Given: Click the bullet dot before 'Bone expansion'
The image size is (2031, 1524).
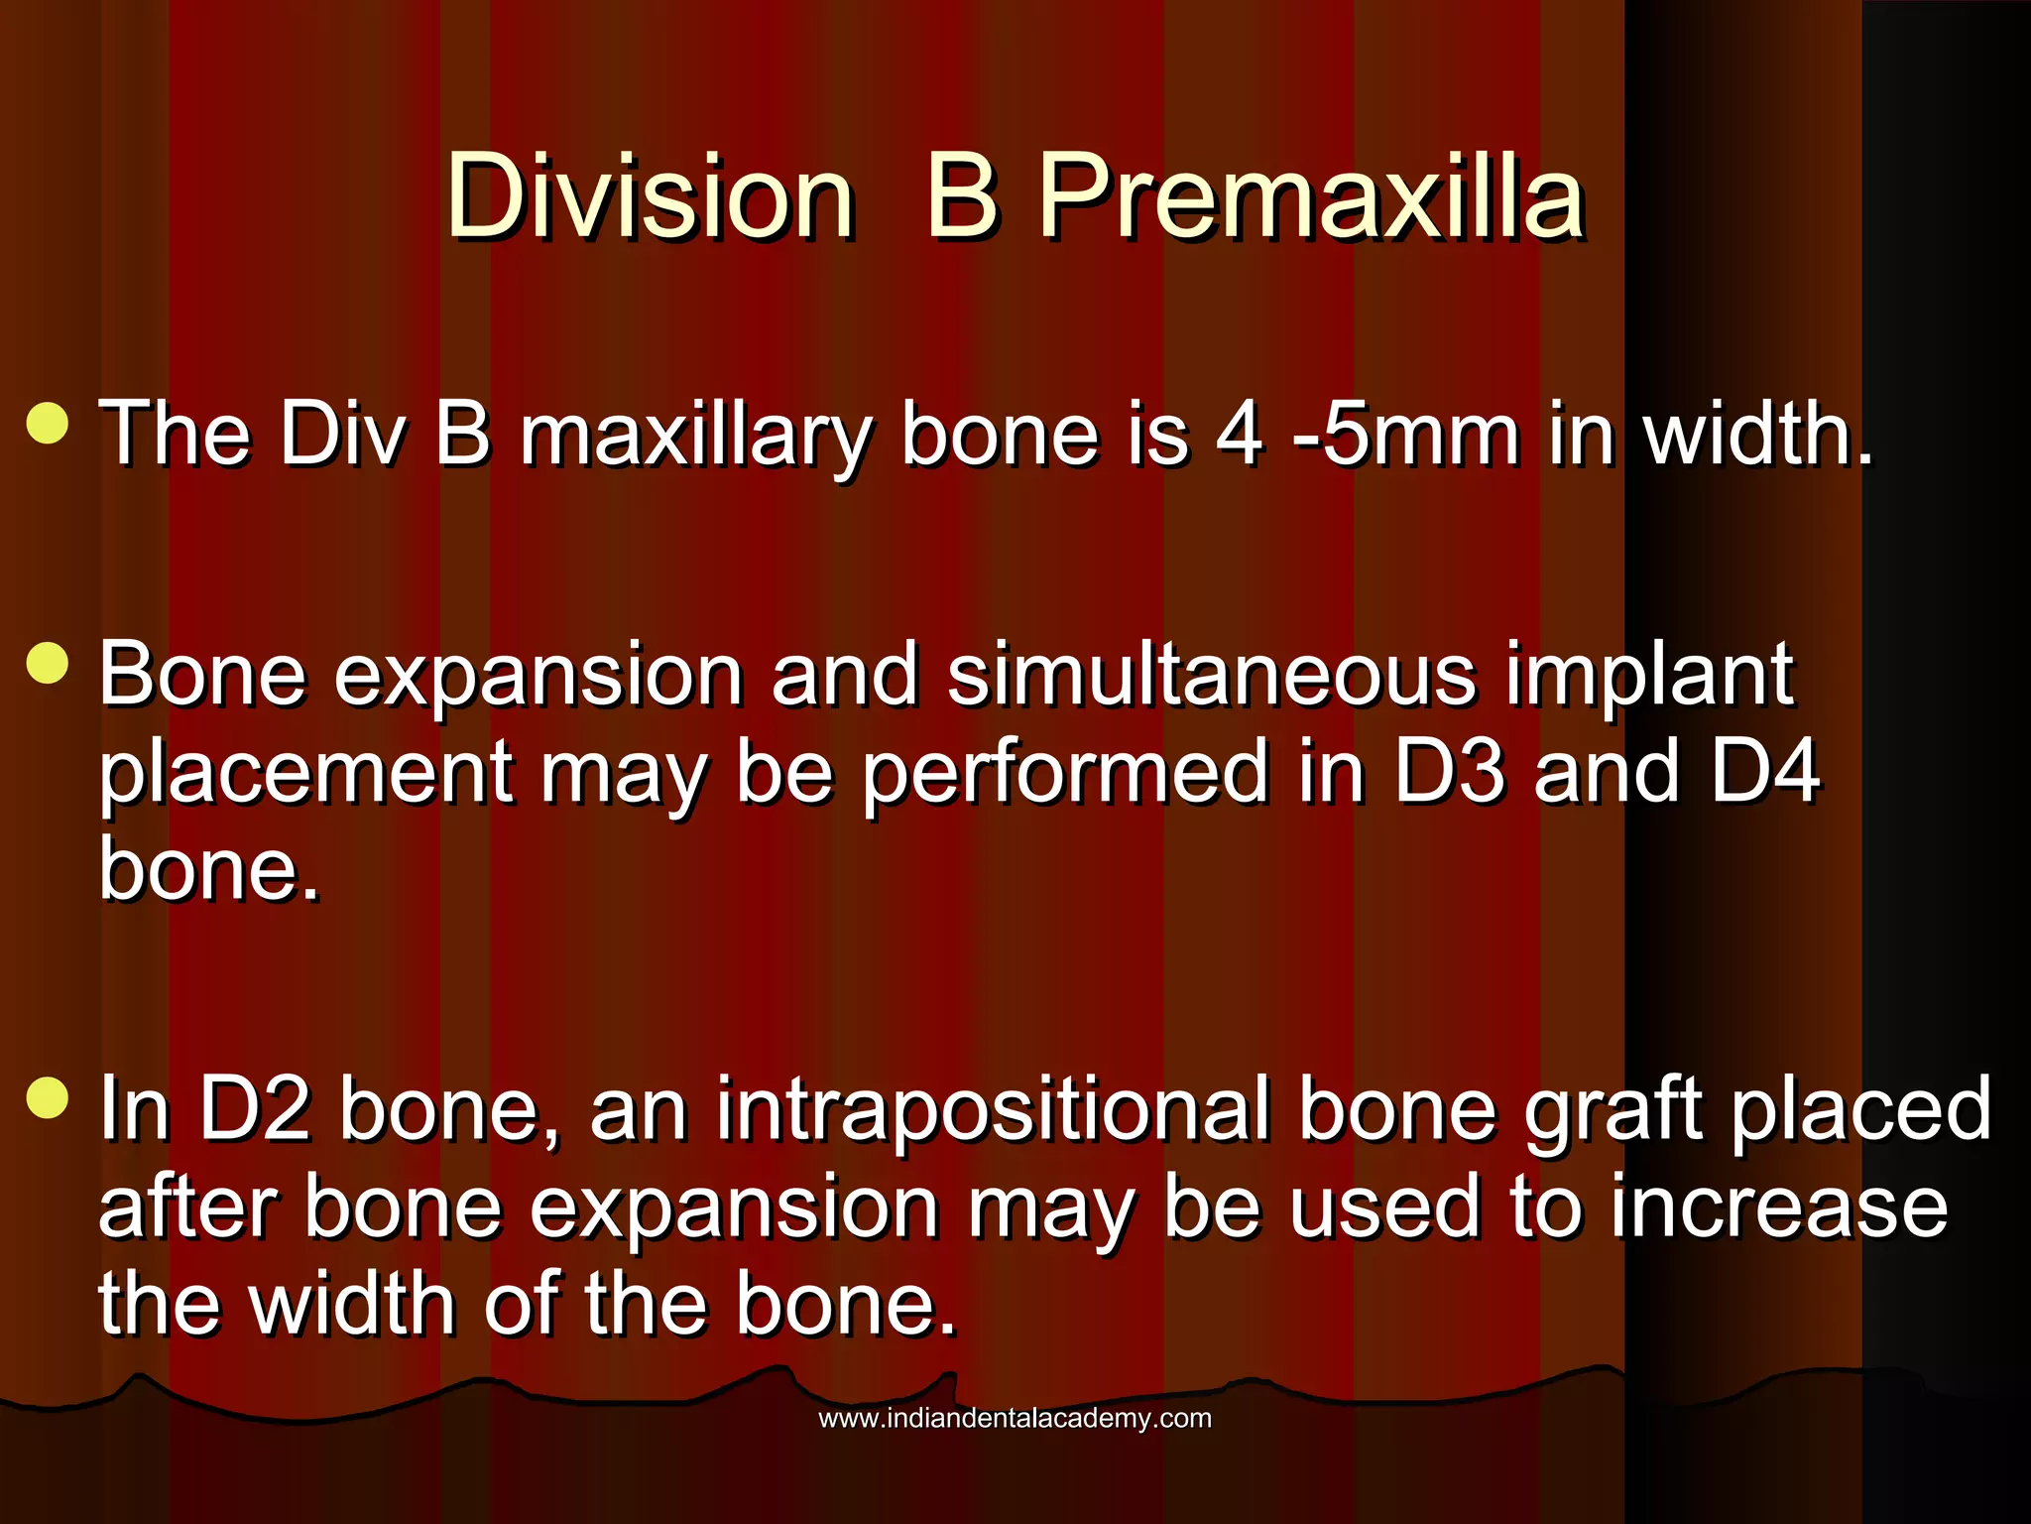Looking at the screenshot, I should coord(48,663).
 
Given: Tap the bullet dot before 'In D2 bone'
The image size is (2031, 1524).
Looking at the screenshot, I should coord(48,1097).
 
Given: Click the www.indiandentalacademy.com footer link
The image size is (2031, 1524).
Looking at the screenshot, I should coord(1015,1418).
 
